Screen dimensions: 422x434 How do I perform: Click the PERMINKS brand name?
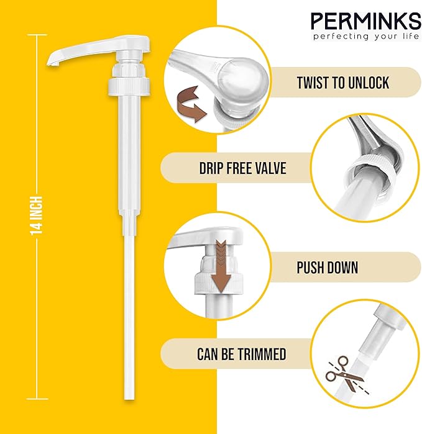point(365,20)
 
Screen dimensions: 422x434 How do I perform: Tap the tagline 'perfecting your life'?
point(366,36)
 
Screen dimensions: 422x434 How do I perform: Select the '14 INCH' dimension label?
point(37,216)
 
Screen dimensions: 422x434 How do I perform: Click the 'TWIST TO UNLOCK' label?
point(343,83)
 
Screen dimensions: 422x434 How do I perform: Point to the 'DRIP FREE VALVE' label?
point(243,168)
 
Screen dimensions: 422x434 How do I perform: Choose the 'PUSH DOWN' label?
point(328,267)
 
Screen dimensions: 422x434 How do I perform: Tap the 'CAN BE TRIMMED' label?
point(242,354)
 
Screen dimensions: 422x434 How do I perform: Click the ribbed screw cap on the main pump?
point(129,86)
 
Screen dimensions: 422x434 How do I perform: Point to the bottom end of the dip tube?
point(129,397)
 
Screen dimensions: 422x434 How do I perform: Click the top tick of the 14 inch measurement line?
point(37,35)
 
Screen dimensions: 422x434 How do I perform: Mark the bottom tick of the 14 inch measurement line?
point(37,399)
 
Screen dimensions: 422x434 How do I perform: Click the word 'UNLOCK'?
point(369,83)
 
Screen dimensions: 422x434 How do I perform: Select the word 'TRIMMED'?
point(262,354)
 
